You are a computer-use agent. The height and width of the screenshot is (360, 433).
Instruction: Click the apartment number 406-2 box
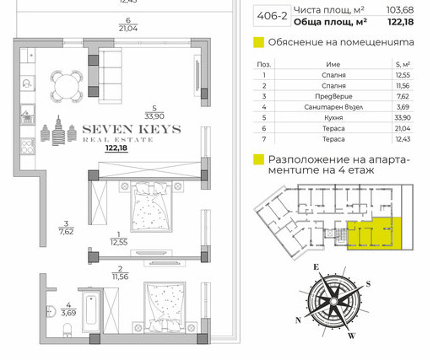click(272, 16)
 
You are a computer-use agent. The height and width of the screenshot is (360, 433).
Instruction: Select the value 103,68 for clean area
click(400, 10)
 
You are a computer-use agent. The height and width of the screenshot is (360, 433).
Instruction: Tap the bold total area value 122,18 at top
click(400, 22)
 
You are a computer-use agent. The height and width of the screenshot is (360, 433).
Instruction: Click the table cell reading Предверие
click(333, 96)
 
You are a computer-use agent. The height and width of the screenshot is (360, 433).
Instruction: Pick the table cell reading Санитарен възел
click(333, 107)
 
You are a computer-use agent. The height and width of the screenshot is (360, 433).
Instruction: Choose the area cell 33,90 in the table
click(403, 118)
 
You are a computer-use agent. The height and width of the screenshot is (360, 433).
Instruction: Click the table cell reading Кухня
click(333, 118)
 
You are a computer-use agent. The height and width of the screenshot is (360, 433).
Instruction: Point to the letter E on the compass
click(317, 266)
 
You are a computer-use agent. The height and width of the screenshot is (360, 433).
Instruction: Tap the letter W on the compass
click(351, 336)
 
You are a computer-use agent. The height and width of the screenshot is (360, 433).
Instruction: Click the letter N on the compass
click(298, 320)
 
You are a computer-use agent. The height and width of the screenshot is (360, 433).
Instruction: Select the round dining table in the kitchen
click(67, 86)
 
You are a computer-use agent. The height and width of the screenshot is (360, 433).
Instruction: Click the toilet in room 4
click(67, 330)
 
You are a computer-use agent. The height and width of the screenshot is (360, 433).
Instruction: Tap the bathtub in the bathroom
click(90, 310)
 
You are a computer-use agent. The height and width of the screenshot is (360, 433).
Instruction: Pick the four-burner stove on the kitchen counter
click(27, 147)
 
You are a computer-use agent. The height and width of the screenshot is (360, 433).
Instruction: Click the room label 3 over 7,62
click(66, 228)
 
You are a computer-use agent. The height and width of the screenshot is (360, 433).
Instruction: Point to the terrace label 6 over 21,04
click(128, 24)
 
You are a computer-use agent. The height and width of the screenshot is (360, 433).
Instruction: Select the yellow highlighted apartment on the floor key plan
click(374, 234)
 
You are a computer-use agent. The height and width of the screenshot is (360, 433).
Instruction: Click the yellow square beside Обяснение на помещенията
click(258, 42)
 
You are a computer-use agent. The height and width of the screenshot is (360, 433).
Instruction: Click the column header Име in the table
click(333, 64)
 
